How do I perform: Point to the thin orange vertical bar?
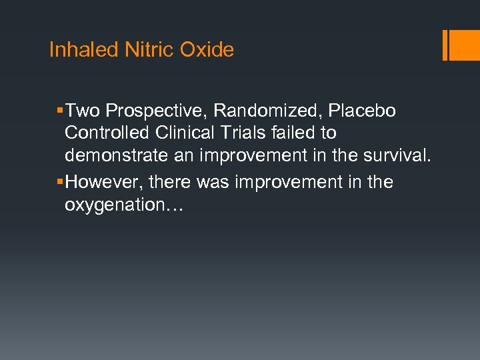pos(445,45)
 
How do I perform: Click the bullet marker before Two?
pos(60,111)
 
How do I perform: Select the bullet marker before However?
pos(60,182)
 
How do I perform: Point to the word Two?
pos(83,111)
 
